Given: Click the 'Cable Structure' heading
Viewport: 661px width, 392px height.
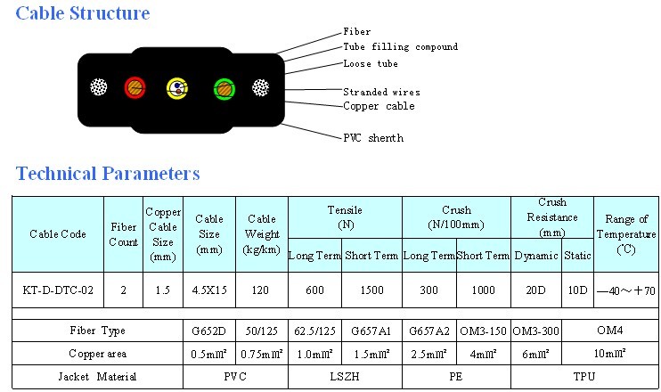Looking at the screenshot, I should [84, 14].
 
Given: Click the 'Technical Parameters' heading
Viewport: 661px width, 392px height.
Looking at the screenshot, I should [109, 173].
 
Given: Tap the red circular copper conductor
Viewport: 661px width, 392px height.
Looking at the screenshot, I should [135, 87].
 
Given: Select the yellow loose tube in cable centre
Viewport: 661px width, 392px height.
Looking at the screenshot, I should [177, 88].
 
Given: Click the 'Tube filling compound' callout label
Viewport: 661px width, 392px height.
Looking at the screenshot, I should [400, 47].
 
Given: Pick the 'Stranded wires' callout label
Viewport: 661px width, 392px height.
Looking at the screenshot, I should [381, 91].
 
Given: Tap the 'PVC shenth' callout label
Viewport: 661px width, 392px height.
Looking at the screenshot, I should [373, 138].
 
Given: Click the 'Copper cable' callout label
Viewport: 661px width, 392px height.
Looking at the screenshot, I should [379, 106].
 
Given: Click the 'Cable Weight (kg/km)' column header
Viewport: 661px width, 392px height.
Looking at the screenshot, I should [262, 234].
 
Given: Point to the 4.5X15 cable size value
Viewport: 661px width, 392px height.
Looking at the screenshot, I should [208, 290].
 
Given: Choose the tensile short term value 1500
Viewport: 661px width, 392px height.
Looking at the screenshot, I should [371, 290].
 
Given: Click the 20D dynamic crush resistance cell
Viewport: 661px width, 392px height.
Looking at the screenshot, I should [536, 290].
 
